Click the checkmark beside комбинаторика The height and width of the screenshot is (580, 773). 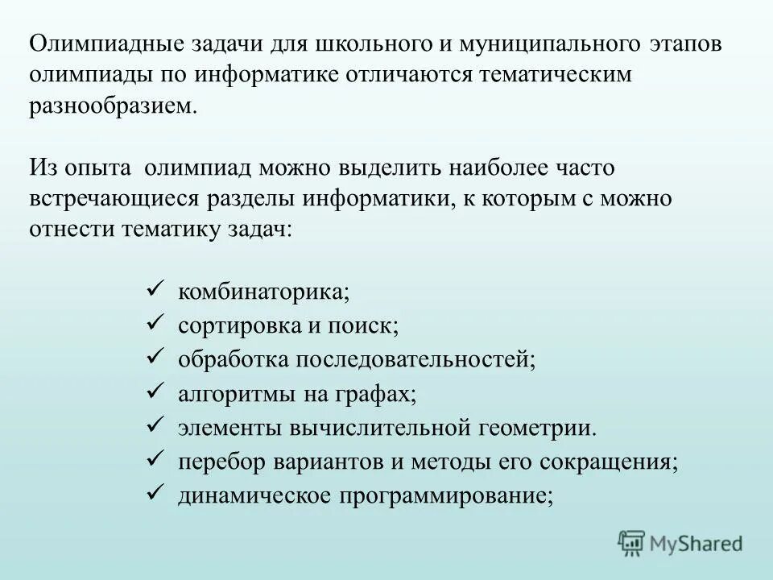tap(156, 288)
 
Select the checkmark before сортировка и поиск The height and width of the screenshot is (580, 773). tap(156, 324)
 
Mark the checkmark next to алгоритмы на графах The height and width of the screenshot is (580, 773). tap(156, 393)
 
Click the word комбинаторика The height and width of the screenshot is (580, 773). tap(263, 291)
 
